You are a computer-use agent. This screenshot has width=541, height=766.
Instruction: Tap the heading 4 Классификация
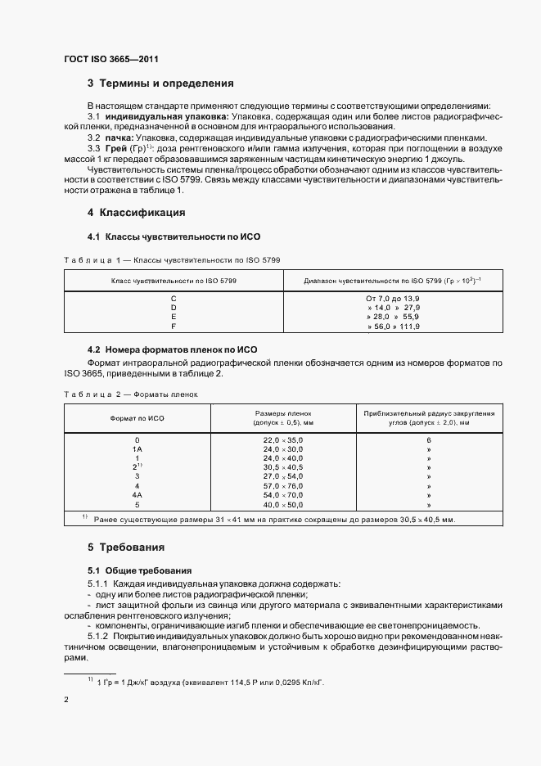[x=136, y=213]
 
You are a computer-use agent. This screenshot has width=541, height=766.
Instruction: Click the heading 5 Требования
[x=126, y=546]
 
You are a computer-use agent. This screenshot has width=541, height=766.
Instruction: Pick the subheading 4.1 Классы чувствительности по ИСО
[x=167, y=237]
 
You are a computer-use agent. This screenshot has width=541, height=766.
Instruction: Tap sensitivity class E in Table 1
[x=173, y=317]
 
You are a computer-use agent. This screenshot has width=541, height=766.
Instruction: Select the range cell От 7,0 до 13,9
[x=392, y=299]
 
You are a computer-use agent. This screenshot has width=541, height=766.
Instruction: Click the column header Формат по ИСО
[x=138, y=417]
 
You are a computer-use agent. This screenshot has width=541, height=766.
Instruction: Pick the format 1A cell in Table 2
[x=138, y=449]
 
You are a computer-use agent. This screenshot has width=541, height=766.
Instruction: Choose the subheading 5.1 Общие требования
[x=139, y=570]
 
